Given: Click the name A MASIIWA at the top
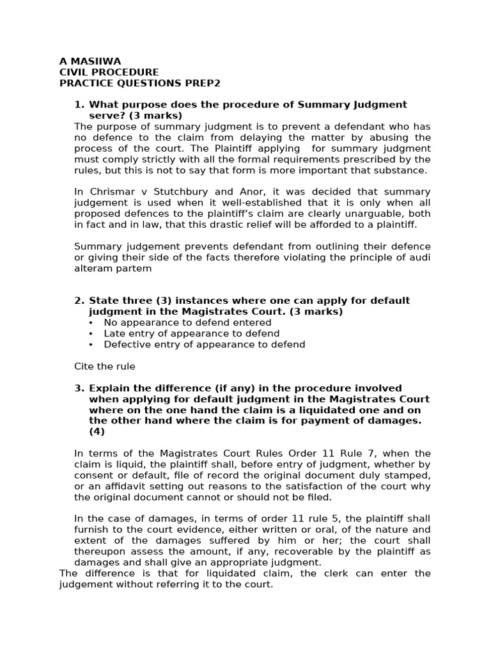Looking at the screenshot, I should click(x=90, y=61).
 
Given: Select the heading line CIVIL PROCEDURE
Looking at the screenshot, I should click(x=109, y=72).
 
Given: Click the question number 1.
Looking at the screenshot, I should click(x=79, y=104).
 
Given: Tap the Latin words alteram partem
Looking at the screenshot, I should click(x=113, y=268).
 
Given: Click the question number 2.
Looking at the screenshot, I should click(x=79, y=301).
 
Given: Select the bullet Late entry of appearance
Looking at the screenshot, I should click(x=191, y=333).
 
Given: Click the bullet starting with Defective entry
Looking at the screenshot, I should click(x=204, y=344).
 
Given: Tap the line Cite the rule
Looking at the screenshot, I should click(x=105, y=366).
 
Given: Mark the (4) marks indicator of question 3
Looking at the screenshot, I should click(x=97, y=431).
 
